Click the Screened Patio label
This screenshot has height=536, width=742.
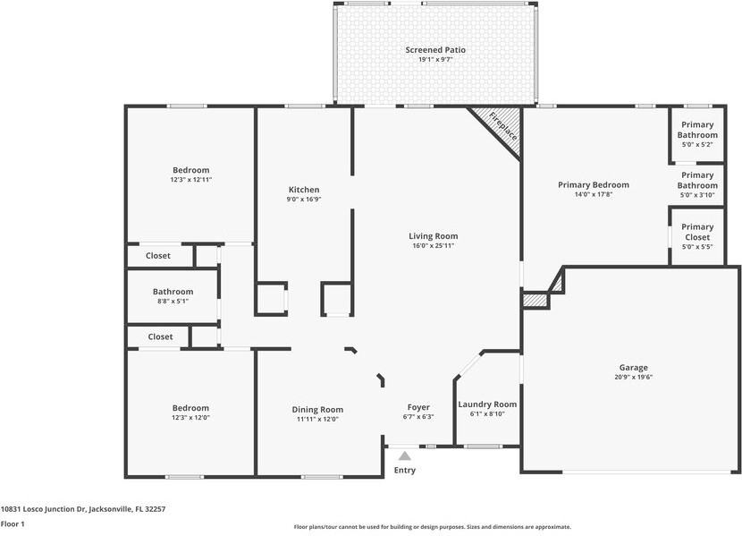[x=435, y=50]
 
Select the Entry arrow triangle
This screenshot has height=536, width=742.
[x=405, y=456]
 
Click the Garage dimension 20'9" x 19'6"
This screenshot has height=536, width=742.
[x=633, y=378]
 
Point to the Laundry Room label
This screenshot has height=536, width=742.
[x=487, y=404]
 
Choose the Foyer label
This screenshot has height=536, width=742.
[x=418, y=407]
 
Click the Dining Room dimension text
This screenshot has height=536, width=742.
[x=317, y=419]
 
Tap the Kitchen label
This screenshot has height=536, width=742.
[x=304, y=190]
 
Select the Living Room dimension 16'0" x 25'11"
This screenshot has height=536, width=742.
[x=434, y=246]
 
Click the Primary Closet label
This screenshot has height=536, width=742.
[x=697, y=232]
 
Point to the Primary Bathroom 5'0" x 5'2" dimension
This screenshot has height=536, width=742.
[x=697, y=144]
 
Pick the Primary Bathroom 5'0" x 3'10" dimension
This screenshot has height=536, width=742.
[x=697, y=195]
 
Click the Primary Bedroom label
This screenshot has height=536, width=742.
[x=594, y=184]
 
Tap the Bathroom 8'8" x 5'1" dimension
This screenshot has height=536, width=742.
[x=173, y=302]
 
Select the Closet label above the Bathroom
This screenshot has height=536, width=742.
[x=158, y=256]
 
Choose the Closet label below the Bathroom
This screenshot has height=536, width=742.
[x=160, y=336]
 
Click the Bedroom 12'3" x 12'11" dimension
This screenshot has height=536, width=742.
[x=191, y=180]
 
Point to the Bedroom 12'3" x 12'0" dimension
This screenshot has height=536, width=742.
[x=190, y=418]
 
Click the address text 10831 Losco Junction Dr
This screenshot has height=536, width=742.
[x=43, y=509]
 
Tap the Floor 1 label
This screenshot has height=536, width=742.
[x=13, y=523]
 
